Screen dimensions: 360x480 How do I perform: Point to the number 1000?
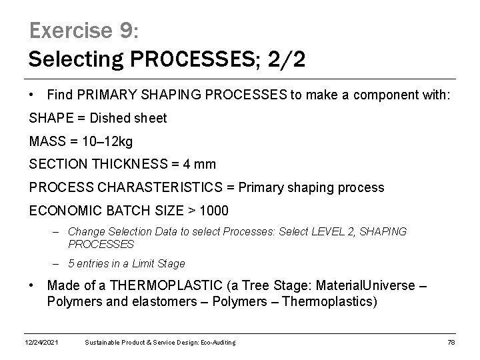pos(213,210)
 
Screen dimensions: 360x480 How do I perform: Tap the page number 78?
pos(450,343)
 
